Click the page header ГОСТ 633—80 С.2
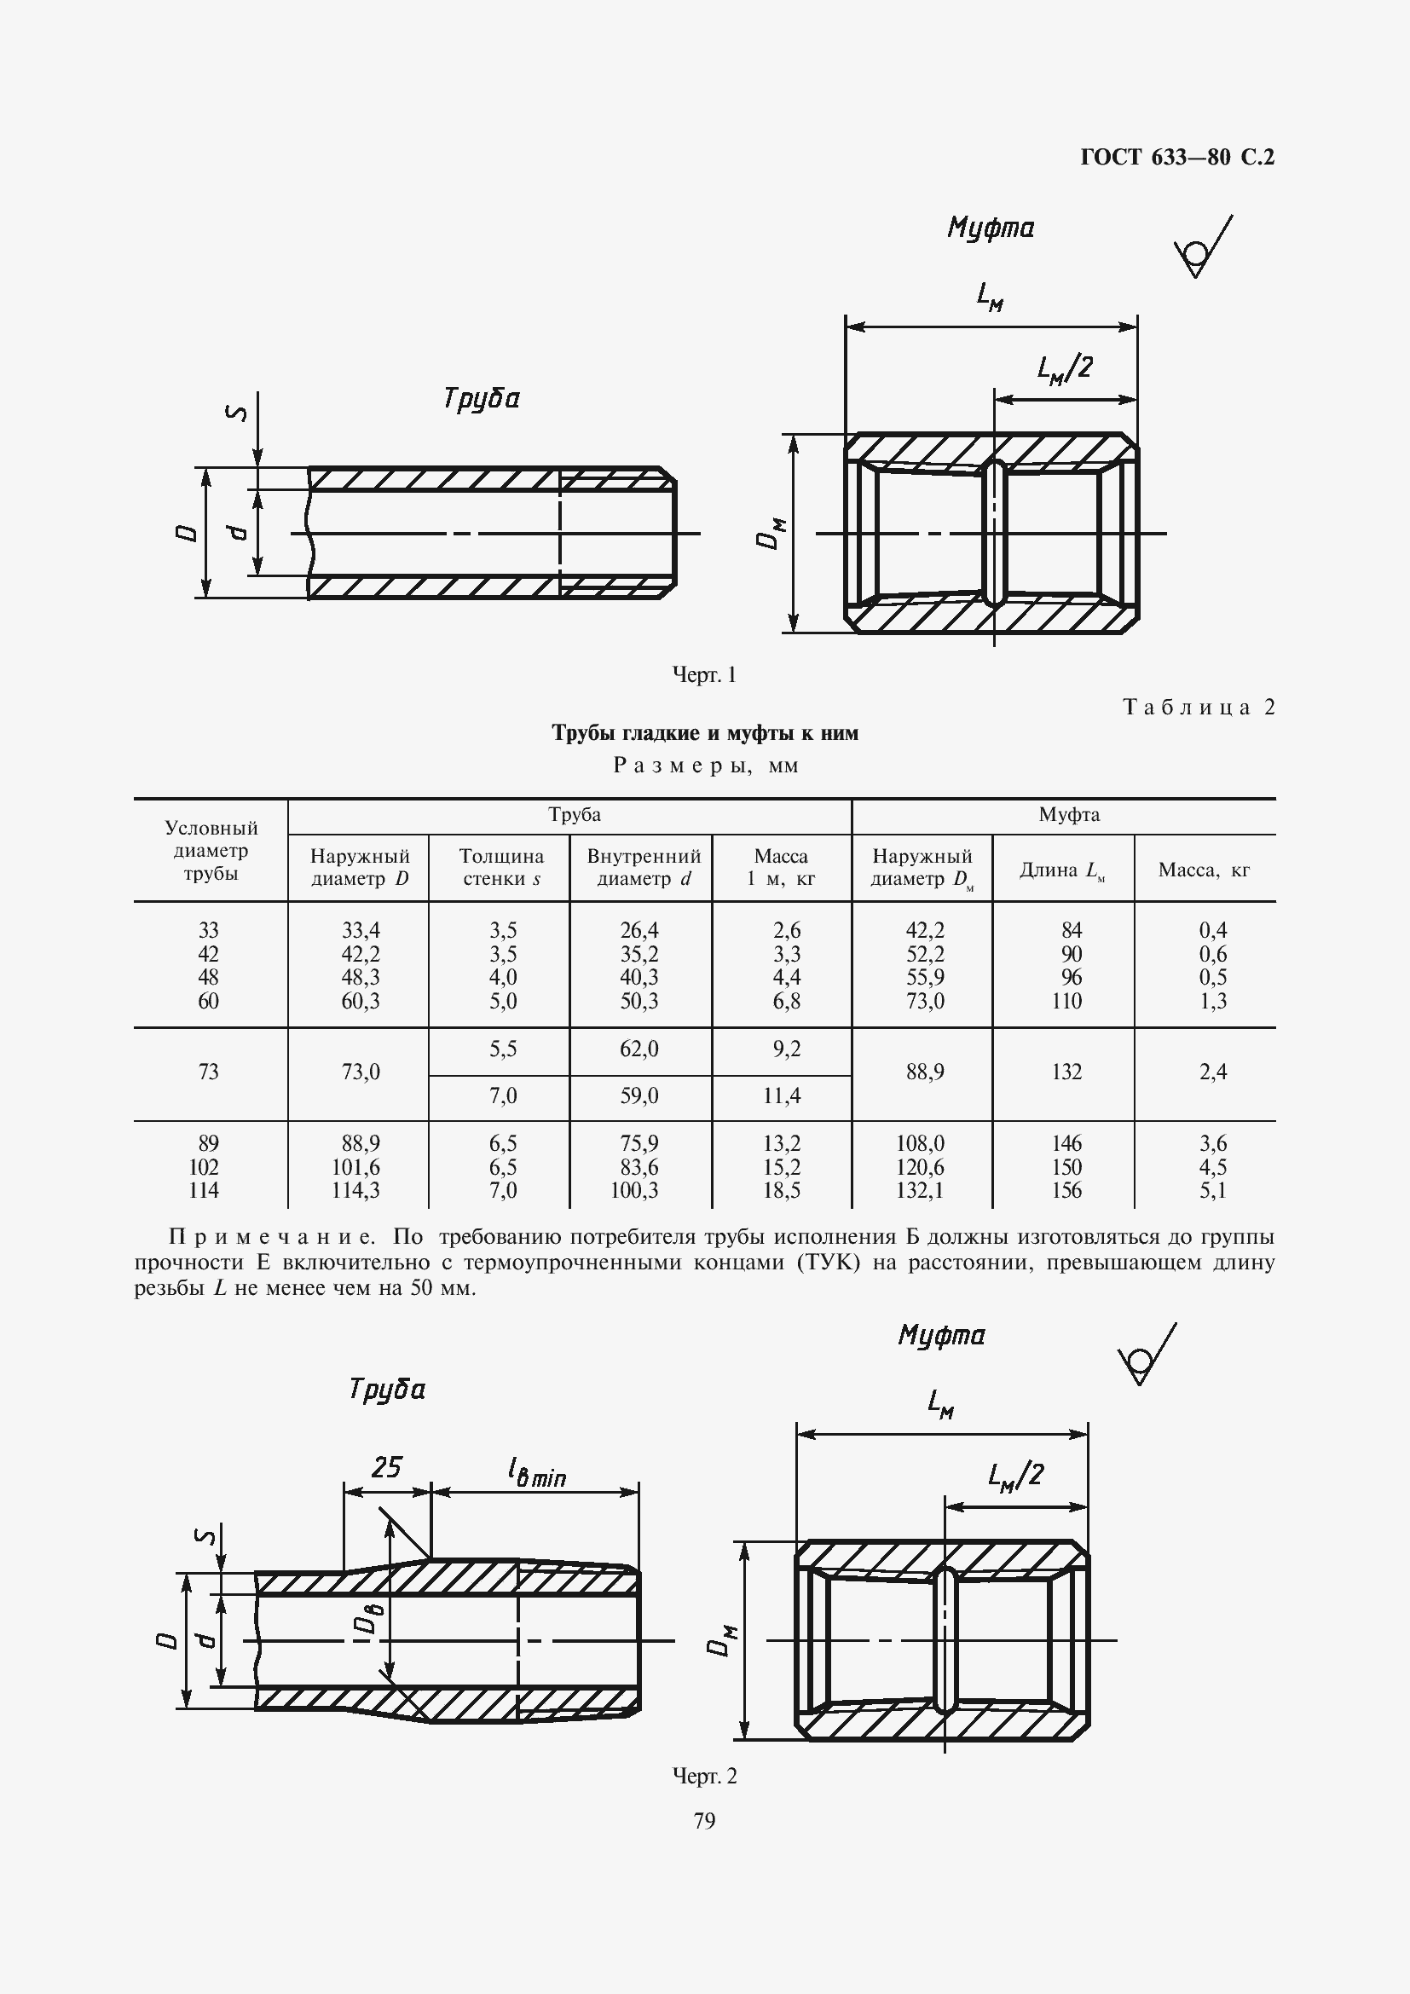point(1176,157)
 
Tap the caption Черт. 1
point(704,675)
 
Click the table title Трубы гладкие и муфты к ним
point(705,733)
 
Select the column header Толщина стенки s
point(501,868)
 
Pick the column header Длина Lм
point(1062,870)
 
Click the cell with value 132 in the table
point(1066,1072)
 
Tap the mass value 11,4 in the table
point(782,1096)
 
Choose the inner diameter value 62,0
point(639,1049)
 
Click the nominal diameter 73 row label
point(208,1072)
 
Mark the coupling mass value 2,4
point(1213,1072)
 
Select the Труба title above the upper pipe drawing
point(481,399)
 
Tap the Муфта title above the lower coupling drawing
point(941,1335)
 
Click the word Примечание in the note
point(271,1236)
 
